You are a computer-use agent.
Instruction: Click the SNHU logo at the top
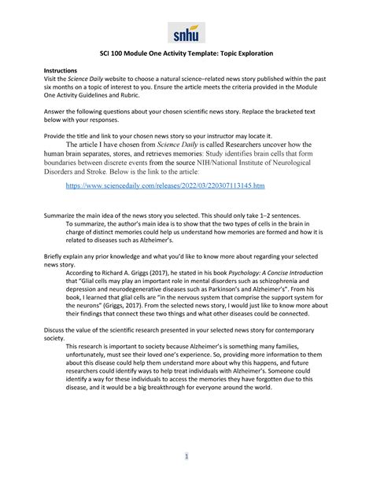[x=186, y=32]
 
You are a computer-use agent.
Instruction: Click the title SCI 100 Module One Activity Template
[x=186, y=53]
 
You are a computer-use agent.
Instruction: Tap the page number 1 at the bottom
[x=186, y=456]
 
